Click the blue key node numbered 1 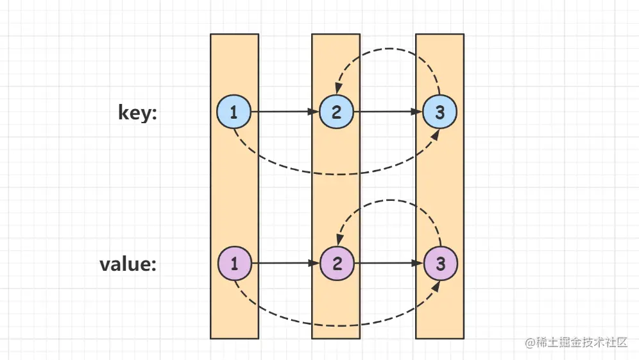coord(234,112)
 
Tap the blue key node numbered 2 coord(336,112)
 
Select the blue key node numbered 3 coord(439,112)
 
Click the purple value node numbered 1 coord(234,263)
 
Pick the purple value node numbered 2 coord(336,263)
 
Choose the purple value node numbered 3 coord(439,263)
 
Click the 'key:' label coord(137,112)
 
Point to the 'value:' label coord(128,264)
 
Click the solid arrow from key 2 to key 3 coord(388,112)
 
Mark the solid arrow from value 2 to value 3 coord(388,263)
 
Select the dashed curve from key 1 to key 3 coord(336,174)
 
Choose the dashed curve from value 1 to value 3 coord(336,325)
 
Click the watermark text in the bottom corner coord(576,343)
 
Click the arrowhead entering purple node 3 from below coord(436,285)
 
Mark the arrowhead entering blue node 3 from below coord(436,134)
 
